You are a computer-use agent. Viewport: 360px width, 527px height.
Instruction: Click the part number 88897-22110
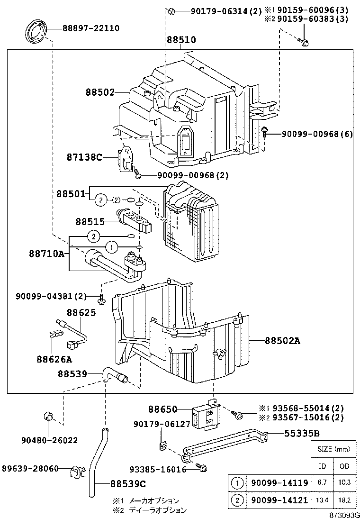[x=90, y=28]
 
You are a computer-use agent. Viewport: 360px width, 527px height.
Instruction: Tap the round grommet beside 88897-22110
[x=35, y=32]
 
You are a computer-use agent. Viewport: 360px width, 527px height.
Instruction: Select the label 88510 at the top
[x=181, y=40]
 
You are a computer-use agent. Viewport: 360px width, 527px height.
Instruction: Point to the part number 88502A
[x=283, y=340]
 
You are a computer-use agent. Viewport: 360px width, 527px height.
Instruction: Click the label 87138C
[x=84, y=156]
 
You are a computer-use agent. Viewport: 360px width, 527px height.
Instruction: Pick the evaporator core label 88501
[x=71, y=193]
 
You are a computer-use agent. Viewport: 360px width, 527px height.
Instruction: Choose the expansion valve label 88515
[x=90, y=221]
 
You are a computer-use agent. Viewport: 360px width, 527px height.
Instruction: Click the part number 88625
[x=81, y=313]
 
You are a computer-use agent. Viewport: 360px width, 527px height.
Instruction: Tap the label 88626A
[x=54, y=359]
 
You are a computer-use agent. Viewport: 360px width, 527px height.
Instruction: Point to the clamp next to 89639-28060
[x=76, y=472]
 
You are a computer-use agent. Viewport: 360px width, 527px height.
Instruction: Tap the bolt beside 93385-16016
[x=202, y=468]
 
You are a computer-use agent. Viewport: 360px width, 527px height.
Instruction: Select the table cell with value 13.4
[x=322, y=500]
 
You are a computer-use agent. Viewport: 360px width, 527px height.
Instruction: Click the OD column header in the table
[x=344, y=466]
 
